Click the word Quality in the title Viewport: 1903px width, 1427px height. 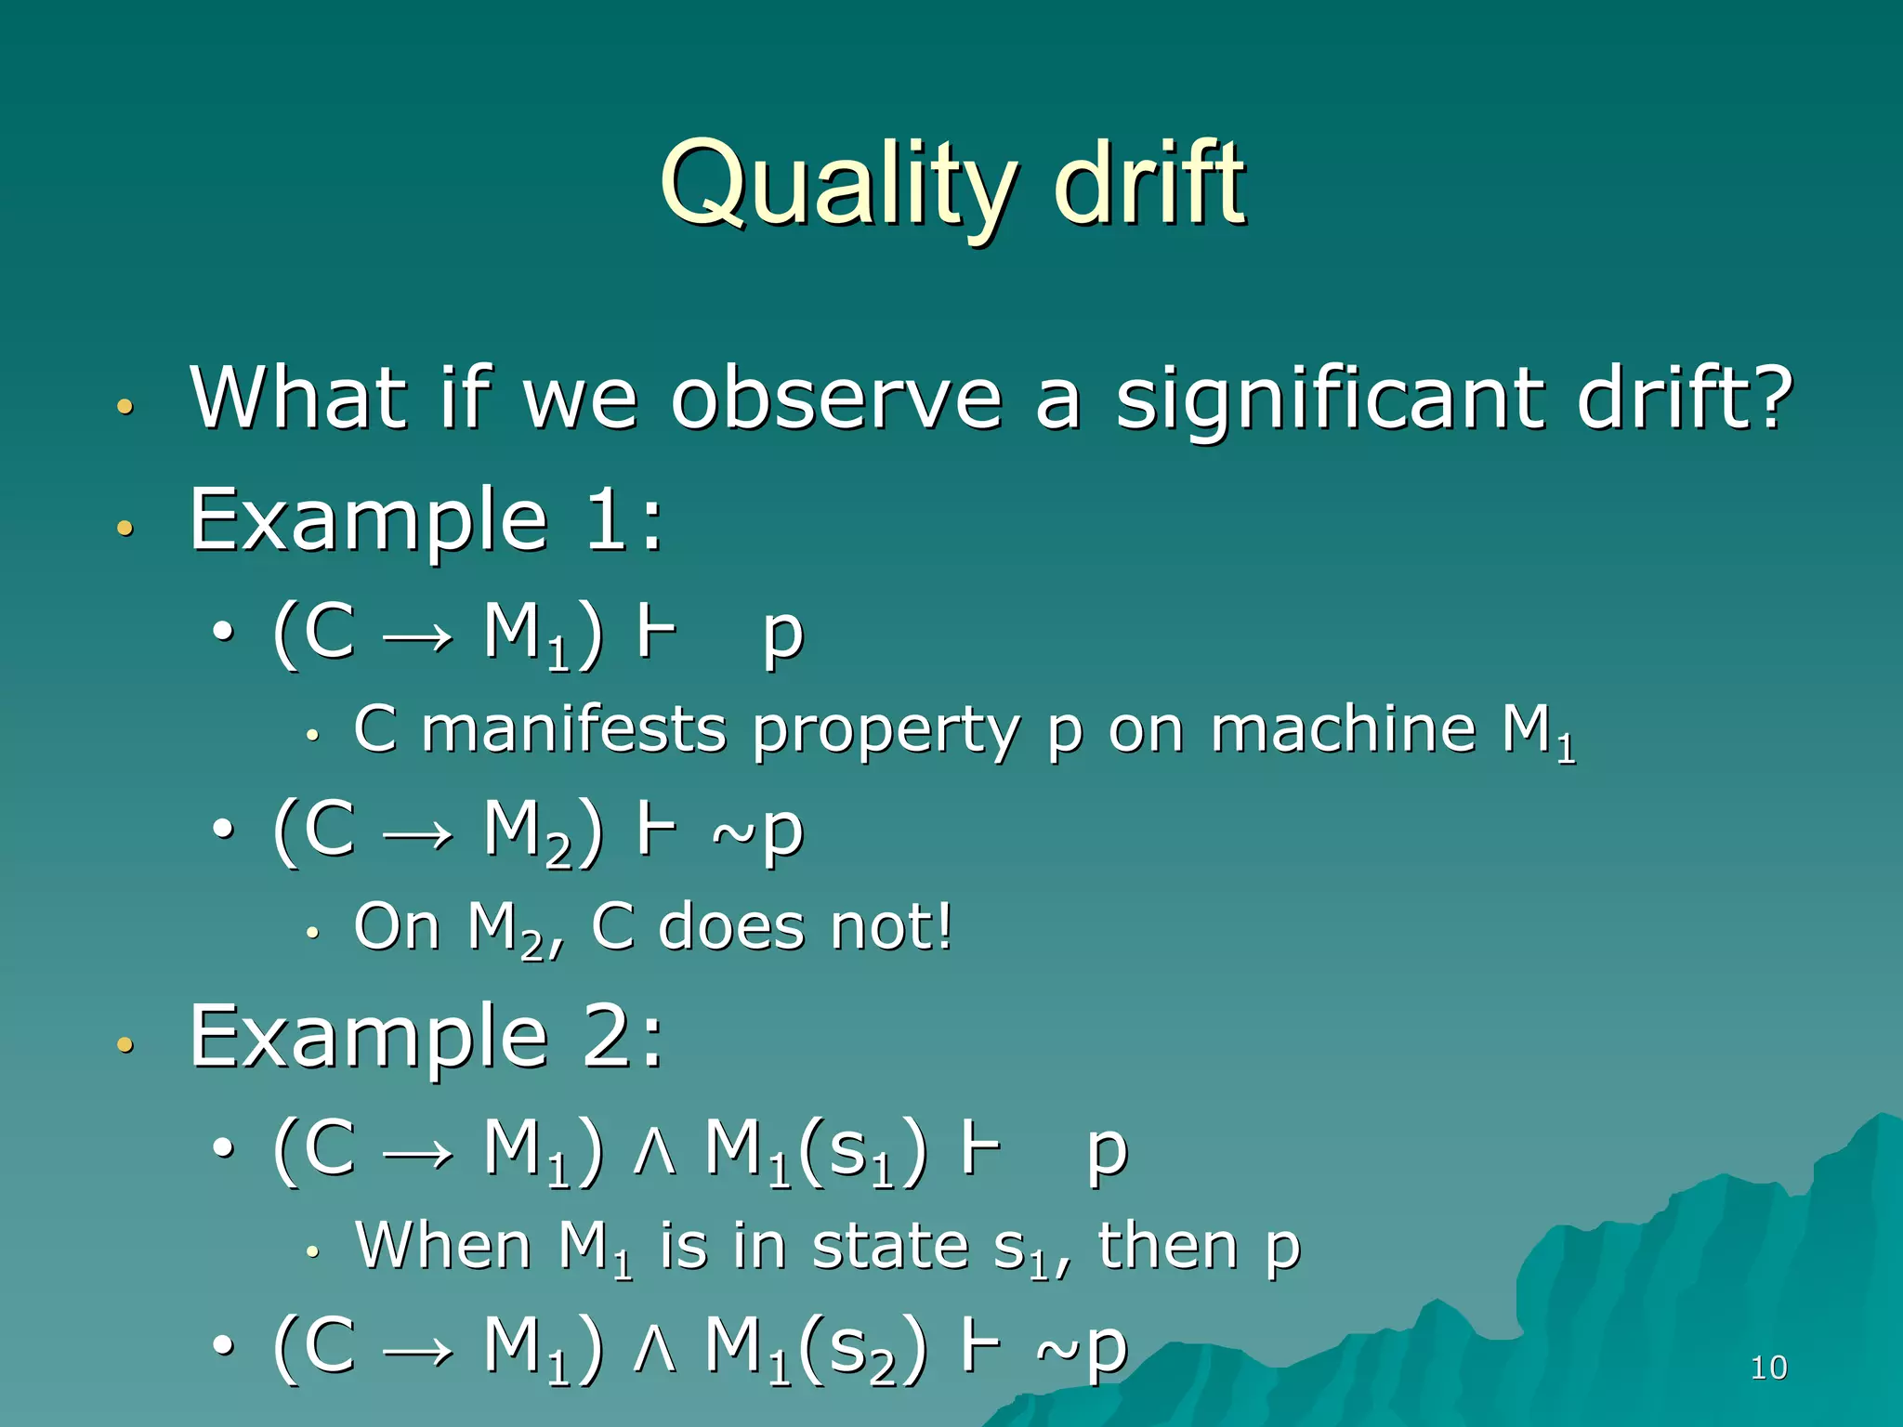coord(836,186)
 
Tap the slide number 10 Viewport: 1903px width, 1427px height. coord(1767,1368)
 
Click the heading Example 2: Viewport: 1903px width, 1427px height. coord(426,1038)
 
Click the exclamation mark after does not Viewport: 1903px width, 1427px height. coord(944,926)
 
